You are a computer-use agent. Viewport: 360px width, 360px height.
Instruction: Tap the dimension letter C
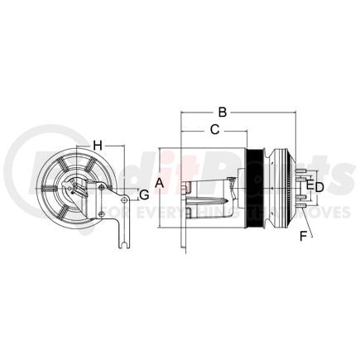coord(214,129)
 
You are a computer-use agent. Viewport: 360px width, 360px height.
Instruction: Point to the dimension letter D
coord(319,187)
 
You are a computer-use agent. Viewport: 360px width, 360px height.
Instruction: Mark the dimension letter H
coord(97,146)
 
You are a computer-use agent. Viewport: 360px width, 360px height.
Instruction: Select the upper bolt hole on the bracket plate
coord(102,190)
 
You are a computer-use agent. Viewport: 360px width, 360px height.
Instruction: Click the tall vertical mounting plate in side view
coord(181,199)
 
